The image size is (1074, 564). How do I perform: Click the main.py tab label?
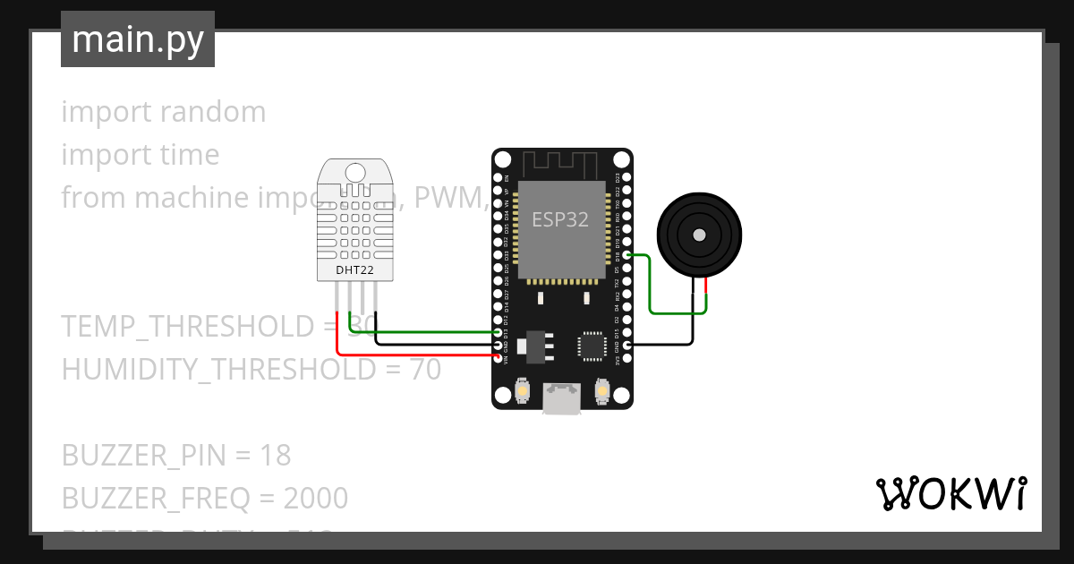[138, 39]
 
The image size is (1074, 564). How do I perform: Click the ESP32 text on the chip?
[560, 219]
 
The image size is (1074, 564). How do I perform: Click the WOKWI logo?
[950, 493]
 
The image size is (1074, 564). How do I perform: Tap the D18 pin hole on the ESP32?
[626, 256]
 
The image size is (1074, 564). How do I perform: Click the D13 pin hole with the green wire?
[499, 332]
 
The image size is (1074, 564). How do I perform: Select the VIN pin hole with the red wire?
[499, 357]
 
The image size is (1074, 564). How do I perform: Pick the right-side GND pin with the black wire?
[626, 345]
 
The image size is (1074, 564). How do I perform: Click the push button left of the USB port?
[523, 391]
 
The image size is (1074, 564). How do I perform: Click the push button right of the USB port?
[602, 391]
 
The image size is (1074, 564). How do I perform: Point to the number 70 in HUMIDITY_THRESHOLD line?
[425, 369]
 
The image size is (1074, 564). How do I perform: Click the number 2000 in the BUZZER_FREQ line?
[315, 498]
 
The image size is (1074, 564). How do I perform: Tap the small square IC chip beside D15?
[592, 345]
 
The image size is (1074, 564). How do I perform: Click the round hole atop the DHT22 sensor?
[354, 171]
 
